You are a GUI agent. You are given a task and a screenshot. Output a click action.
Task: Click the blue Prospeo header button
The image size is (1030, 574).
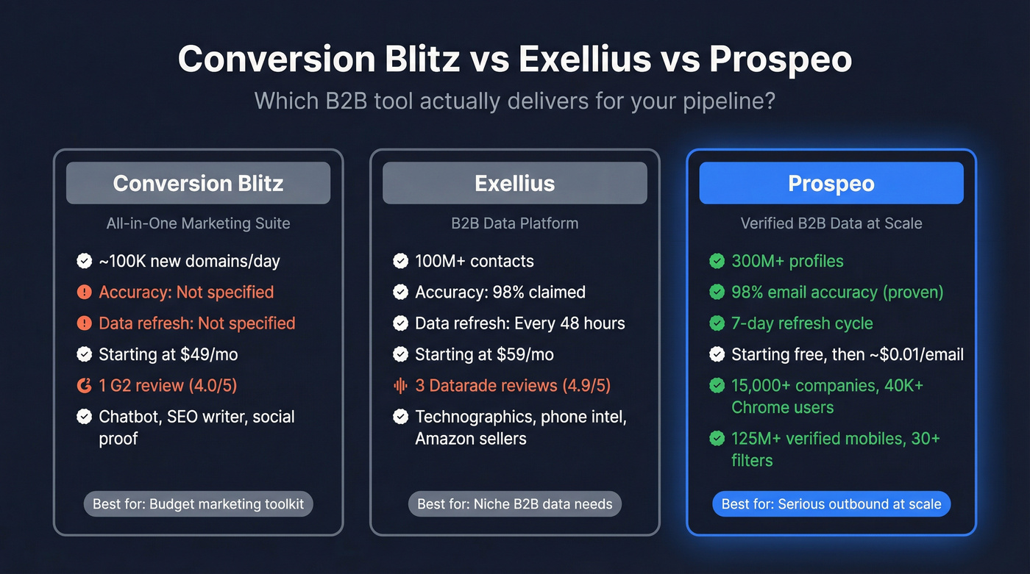click(831, 183)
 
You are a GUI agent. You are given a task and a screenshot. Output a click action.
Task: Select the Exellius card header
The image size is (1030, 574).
click(514, 183)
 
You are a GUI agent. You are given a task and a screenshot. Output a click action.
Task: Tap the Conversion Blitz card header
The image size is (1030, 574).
click(198, 183)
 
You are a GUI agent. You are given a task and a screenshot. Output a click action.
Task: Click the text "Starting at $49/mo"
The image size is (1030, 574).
click(168, 354)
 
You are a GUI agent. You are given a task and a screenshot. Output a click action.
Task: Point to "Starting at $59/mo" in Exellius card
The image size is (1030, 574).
click(484, 354)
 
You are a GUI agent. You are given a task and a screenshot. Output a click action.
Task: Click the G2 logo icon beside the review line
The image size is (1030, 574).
click(85, 385)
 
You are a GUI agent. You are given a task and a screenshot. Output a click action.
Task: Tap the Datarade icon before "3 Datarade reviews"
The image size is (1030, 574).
click(401, 385)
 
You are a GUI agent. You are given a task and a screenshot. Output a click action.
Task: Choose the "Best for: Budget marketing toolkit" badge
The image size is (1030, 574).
click(198, 504)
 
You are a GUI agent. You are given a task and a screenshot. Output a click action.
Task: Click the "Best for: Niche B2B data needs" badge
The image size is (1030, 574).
click(514, 504)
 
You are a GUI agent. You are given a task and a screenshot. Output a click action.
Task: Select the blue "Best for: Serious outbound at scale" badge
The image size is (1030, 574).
click(831, 504)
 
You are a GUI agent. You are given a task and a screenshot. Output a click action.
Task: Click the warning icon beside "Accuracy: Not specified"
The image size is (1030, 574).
click(85, 293)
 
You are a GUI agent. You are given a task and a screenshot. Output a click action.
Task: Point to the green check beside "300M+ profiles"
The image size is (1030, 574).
click(717, 261)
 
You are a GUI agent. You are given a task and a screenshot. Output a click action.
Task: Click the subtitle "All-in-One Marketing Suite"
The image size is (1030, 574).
click(198, 223)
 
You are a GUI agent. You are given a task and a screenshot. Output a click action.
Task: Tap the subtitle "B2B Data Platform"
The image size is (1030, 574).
click(514, 223)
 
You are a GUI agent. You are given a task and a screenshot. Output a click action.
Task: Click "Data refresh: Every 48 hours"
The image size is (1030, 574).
click(519, 323)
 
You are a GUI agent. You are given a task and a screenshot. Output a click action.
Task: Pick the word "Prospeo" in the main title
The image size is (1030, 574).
click(781, 60)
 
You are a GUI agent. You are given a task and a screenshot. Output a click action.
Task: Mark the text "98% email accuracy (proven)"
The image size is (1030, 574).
click(837, 293)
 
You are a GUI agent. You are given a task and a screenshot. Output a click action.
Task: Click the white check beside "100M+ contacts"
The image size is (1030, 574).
click(401, 261)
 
